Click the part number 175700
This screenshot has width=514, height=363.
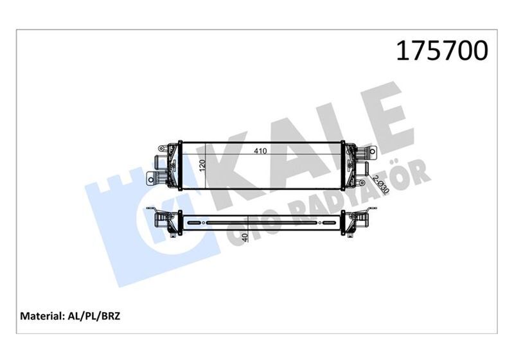443,51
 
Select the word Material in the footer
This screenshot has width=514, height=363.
42,317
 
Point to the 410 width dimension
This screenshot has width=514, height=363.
260,152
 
